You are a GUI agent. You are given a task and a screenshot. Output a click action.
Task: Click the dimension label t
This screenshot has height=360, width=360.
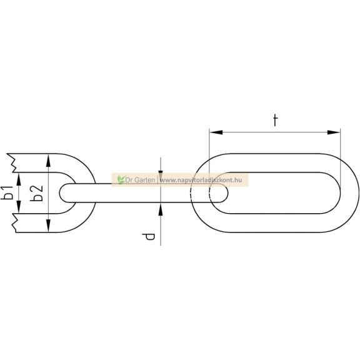click(x=275, y=121)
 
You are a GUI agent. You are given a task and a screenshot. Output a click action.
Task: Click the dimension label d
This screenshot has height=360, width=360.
click(x=149, y=237)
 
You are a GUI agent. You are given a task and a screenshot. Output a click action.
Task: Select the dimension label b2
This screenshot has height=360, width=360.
click(x=37, y=193)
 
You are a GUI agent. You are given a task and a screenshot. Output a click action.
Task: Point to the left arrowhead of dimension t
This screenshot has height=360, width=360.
click(x=216, y=132)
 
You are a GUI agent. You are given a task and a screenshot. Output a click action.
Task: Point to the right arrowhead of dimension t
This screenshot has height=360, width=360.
click(x=334, y=132)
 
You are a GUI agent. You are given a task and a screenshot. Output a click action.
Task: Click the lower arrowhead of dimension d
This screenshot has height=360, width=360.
click(x=161, y=209)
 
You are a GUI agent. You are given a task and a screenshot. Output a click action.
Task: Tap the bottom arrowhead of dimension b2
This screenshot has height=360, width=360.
click(x=48, y=226)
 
